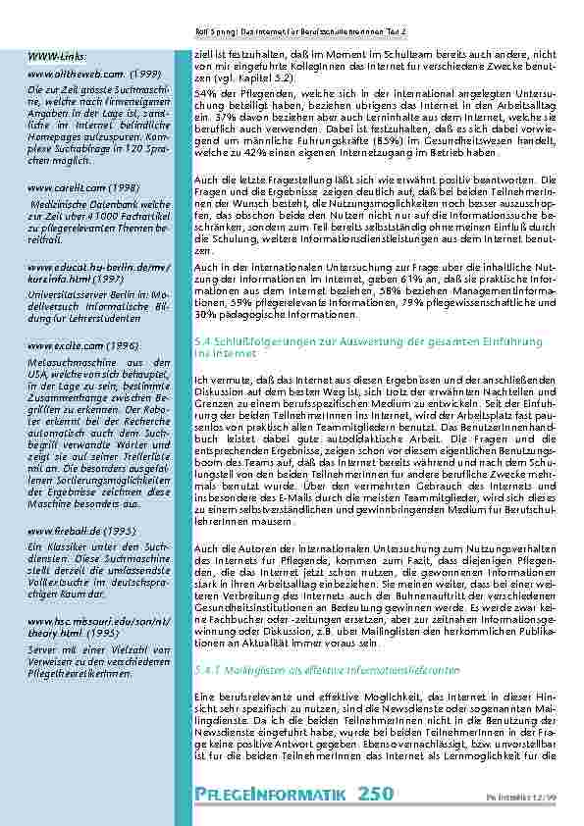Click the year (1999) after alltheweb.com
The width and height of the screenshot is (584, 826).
[x=143, y=74]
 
